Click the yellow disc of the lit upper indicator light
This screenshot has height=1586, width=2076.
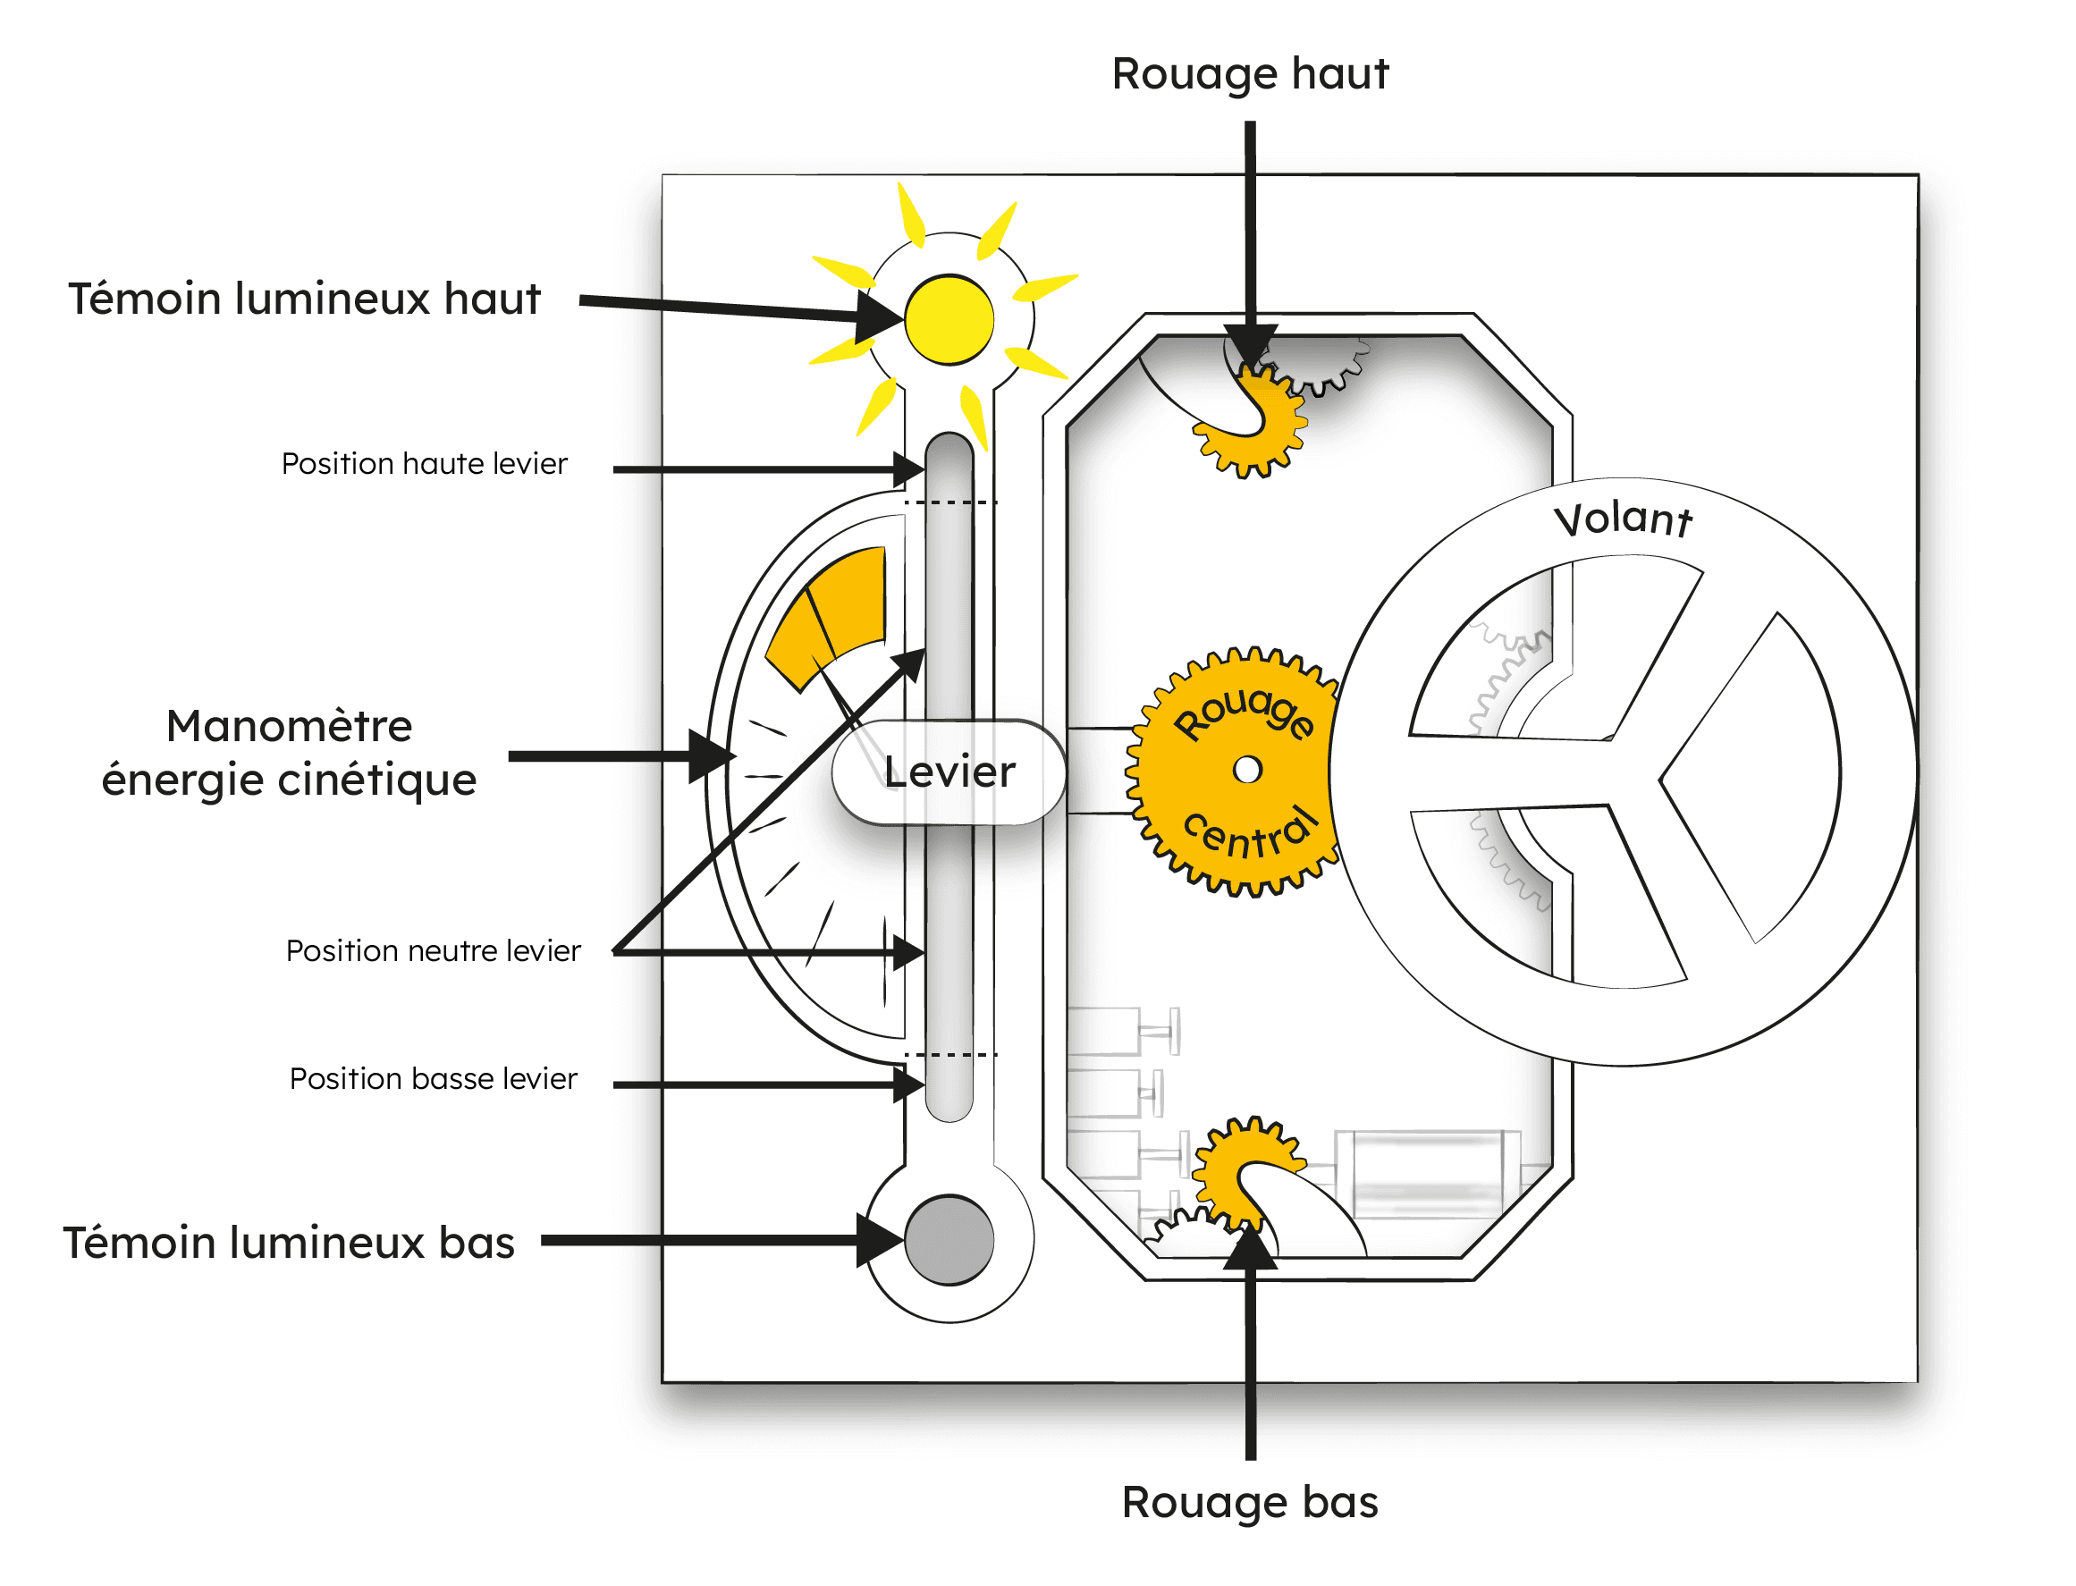949,319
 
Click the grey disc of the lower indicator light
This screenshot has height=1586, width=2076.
949,1239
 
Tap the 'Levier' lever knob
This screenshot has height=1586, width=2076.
949,772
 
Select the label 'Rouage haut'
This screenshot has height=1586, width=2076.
1250,73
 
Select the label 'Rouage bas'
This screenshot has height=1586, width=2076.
1250,1502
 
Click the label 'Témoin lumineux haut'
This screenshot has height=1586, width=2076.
304,299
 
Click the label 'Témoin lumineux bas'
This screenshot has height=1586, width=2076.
289,1243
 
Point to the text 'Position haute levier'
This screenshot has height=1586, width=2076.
425,463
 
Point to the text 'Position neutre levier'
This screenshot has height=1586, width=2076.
434,950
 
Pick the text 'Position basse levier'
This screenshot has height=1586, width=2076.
434,1078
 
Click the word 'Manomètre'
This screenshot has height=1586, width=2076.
289,726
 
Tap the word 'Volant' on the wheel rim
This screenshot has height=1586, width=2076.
1623,520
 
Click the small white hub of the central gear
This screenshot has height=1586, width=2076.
1247,770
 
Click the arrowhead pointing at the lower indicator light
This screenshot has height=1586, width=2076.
880,1239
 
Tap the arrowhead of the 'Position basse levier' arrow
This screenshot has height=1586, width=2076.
909,1084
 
